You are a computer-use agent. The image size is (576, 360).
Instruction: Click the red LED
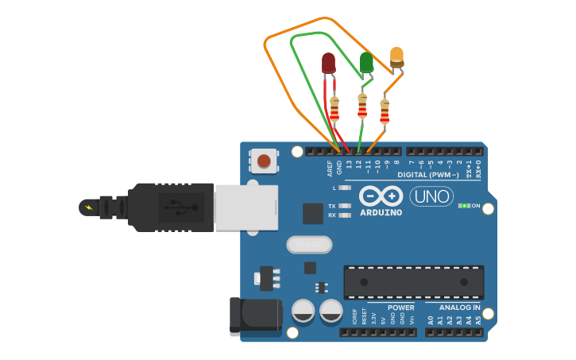[328, 62]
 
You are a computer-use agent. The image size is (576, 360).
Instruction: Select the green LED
[365, 61]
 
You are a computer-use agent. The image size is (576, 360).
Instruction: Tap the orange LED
[396, 56]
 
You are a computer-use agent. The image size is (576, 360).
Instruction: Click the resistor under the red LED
[334, 110]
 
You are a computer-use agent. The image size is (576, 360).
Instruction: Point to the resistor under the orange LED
[385, 111]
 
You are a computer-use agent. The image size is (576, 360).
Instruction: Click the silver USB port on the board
[245, 208]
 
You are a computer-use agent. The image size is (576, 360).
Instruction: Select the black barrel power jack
[255, 315]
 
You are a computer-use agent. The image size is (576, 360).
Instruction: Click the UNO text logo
[431, 196]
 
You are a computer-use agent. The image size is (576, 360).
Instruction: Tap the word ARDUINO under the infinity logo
[381, 212]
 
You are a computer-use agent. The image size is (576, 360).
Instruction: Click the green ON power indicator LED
[462, 206]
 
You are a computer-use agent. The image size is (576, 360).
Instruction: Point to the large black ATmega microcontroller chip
[413, 282]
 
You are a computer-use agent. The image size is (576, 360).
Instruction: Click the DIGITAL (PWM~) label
[428, 174]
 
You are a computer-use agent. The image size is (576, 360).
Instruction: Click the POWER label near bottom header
[401, 307]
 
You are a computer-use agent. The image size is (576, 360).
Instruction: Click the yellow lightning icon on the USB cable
[87, 208]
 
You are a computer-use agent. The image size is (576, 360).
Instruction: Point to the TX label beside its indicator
[332, 206]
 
